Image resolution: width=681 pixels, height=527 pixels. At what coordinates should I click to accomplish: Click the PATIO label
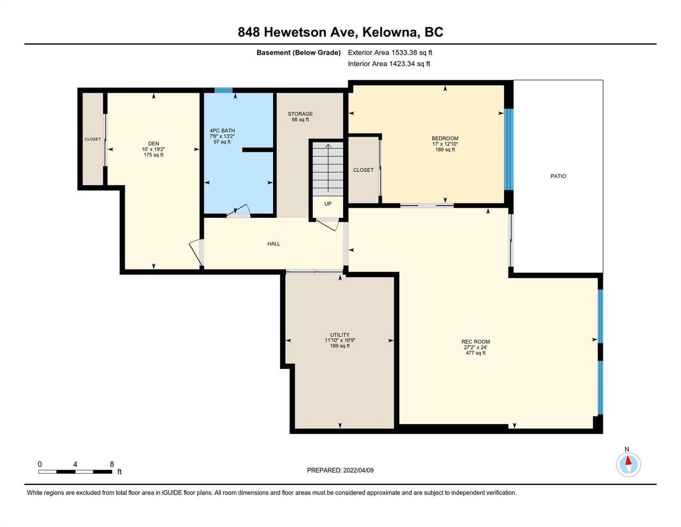(x=558, y=176)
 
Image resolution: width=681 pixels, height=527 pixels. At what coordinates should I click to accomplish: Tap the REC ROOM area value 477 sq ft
(x=475, y=353)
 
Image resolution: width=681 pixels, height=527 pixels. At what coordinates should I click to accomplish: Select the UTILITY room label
(x=340, y=335)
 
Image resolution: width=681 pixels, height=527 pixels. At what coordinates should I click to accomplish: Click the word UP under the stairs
(x=328, y=204)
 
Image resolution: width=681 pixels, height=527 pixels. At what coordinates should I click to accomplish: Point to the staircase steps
(x=328, y=169)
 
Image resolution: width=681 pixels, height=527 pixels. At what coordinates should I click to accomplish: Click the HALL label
(x=274, y=244)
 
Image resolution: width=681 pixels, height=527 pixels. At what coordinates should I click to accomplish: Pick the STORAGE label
(x=300, y=114)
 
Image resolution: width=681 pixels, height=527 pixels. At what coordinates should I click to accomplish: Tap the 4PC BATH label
(x=222, y=130)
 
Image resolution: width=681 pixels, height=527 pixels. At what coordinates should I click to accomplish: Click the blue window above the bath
(x=224, y=90)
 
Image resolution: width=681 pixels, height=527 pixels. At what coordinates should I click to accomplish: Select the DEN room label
(x=153, y=144)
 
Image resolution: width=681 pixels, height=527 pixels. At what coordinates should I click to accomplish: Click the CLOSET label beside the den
(x=93, y=139)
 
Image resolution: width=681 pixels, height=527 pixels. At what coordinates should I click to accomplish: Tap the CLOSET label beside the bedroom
(x=363, y=170)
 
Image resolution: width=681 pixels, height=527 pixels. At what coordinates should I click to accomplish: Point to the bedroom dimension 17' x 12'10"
(x=445, y=144)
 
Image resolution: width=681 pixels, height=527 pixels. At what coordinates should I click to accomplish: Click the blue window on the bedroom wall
(x=509, y=150)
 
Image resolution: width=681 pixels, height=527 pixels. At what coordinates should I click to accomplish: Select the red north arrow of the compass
(x=628, y=460)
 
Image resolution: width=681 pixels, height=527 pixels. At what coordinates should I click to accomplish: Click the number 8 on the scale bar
(x=112, y=464)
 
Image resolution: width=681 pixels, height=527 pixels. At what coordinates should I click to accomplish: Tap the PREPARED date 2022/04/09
(x=358, y=470)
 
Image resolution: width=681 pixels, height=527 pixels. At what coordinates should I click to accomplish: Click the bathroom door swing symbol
(x=239, y=211)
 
